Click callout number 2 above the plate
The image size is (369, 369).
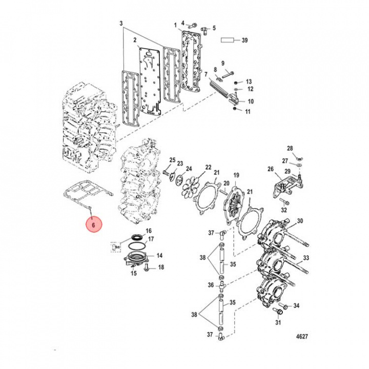click(x=134, y=40)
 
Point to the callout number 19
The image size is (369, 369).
click(x=236, y=175)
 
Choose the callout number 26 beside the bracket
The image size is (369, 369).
click(x=271, y=169)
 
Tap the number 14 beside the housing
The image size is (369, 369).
click(x=160, y=255)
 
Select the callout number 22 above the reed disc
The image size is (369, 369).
click(x=208, y=167)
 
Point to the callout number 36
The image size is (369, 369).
click(x=211, y=285)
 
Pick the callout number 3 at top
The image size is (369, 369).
click(x=121, y=24)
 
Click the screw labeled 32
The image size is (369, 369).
click(x=283, y=200)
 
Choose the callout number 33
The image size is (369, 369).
click(x=306, y=258)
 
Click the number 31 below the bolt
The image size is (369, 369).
click(x=278, y=322)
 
